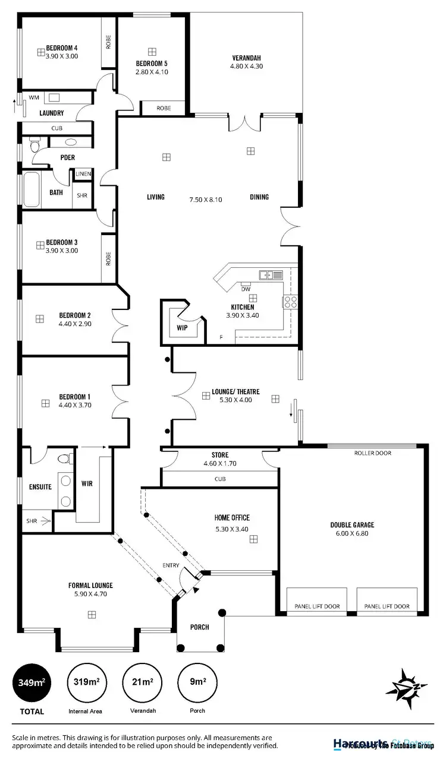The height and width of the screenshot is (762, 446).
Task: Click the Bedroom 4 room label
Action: pos(62,48)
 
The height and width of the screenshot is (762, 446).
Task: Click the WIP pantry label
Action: pos(183,327)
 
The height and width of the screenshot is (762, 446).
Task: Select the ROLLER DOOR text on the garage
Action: pos(373,453)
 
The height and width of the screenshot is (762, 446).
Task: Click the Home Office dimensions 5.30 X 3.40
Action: pos(232,529)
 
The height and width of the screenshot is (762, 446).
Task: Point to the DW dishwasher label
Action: pos(246,289)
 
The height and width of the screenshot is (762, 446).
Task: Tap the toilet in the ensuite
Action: pos(65,459)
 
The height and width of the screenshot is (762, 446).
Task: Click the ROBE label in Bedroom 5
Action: pos(164,108)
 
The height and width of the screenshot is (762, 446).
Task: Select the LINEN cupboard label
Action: pos(83,174)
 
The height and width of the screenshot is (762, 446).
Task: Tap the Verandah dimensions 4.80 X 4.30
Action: pos(246,66)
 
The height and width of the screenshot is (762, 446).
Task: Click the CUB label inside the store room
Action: pos(220,479)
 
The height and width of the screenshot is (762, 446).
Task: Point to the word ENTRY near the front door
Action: pos(170,565)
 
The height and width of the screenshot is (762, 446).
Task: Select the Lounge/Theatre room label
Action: pos(232,392)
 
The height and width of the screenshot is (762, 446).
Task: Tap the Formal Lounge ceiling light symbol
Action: pos(92,615)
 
